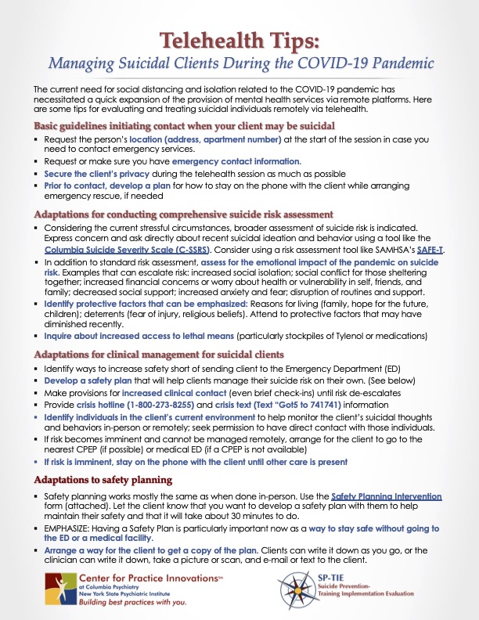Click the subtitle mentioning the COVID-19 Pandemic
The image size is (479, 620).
239,64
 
